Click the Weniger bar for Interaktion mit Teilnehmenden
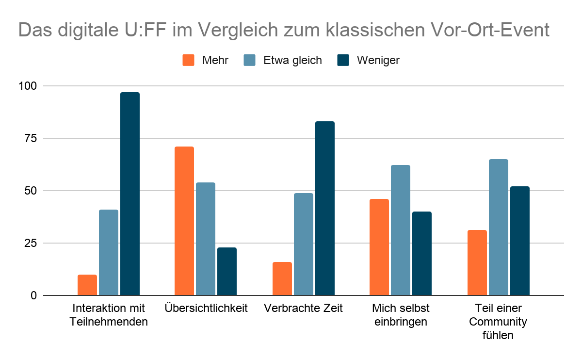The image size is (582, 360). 130,194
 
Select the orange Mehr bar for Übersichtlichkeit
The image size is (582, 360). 184,221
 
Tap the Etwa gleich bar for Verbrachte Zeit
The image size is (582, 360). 304,244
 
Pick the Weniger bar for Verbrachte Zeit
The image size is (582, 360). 325,209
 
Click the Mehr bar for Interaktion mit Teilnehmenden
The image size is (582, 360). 87,285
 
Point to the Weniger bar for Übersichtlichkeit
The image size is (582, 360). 227,272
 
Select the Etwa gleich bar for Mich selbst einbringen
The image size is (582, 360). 401,230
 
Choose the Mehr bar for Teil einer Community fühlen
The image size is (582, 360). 477,262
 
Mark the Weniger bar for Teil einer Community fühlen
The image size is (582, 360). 520,241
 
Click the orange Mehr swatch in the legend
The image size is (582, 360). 189,61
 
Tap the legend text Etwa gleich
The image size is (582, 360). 292,61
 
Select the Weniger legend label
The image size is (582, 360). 378,61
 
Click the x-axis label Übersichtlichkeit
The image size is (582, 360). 206,308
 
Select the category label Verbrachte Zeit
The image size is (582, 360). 304,308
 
